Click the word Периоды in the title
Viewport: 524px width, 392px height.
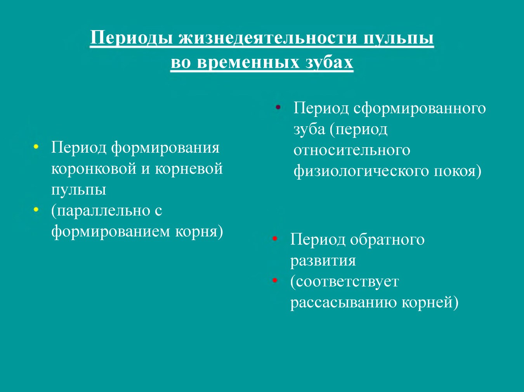click(x=132, y=38)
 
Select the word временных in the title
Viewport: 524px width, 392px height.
click(x=248, y=63)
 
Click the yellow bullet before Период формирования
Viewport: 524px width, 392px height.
click(x=36, y=147)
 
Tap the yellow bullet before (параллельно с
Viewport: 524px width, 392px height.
click(x=36, y=210)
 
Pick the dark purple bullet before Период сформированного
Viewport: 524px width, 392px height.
click(x=278, y=107)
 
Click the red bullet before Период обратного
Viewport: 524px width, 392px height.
click(x=275, y=238)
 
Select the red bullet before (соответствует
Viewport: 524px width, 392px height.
click(x=275, y=280)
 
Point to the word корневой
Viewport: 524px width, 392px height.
click(x=189, y=169)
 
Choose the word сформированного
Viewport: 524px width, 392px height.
click(x=420, y=108)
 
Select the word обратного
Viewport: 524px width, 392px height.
click(x=387, y=239)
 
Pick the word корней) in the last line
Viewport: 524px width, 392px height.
click(x=430, y=303)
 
